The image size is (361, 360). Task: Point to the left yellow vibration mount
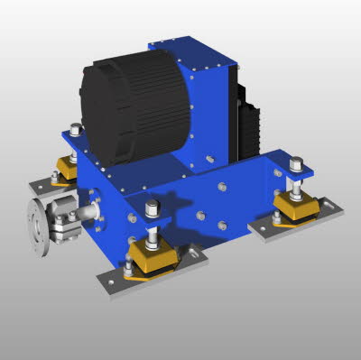point(65,170)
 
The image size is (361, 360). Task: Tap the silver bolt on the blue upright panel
point(208,160)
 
